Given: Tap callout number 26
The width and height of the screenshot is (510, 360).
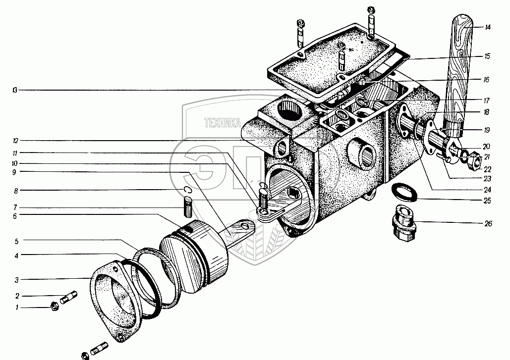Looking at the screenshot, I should click(488, 224).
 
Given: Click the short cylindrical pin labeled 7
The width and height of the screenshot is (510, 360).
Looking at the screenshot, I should click(188, 206).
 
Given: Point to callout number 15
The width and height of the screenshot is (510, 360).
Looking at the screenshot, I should click(488, 56).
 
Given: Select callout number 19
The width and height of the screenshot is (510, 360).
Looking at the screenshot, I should click(488, 130).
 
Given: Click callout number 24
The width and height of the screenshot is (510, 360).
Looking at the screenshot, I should click(488, 189).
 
